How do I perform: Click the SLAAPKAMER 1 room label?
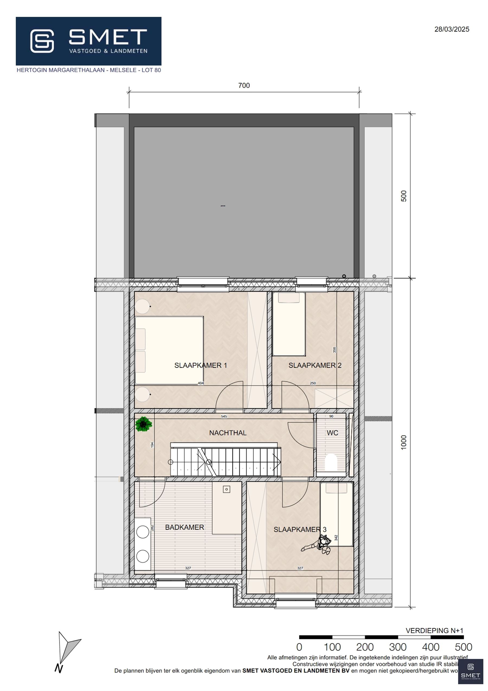[201, 365]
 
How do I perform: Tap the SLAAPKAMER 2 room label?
[315, 365]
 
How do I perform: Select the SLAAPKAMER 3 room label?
[300, 530]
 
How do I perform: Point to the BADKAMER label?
[185, 527]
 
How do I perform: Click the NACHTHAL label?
[228, 433]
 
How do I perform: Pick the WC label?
[332, 433]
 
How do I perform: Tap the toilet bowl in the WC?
[331, 462]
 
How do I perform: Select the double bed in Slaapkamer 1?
[169, 350]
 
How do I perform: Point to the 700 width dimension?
[244, 85]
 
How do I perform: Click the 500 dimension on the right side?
[404, 196]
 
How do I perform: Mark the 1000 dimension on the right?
[404, 442]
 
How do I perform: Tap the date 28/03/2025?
[452, 29]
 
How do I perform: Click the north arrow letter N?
[59, 669]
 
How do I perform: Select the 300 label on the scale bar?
[397, 647]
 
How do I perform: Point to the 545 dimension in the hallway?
[224, 417]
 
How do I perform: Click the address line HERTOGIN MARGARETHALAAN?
[89, 70]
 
